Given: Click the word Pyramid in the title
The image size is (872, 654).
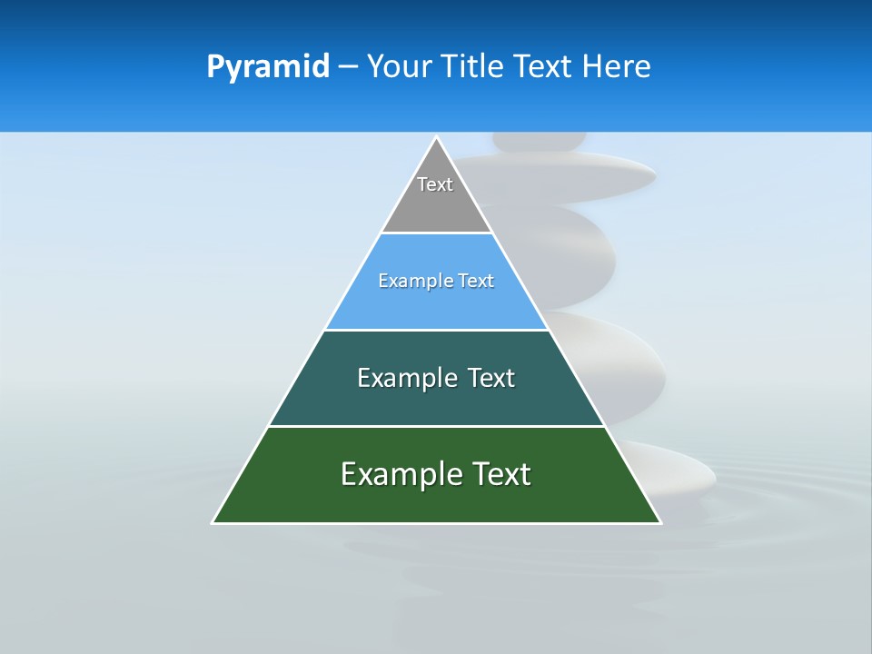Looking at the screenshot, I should pyautogui.click(x=268, y=67).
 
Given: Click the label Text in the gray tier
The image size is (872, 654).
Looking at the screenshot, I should pyautogui.click(x=435, y=184).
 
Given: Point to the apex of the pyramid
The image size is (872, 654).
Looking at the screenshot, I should pyautogui.click(x=436, y=138).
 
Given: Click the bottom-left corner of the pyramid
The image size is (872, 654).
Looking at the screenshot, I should pyautogui.click(x=213, y=522).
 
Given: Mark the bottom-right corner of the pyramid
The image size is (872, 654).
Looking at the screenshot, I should pyautogui.click(x=659, y=522).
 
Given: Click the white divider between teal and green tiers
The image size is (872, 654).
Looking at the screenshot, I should pyautogui.click(x=436, y=426).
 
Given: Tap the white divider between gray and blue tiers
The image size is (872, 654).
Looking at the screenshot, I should pyautogui.click(x=436, y=233).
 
